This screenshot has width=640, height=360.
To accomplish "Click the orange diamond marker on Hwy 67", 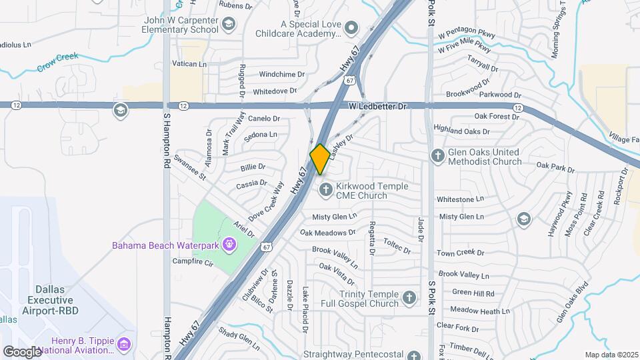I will tap(320, 159).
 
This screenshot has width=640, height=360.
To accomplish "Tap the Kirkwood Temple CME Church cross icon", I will tap(326, 190).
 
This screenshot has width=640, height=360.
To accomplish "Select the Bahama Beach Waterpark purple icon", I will tap(229, 245).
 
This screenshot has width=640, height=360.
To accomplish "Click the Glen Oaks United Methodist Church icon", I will tap(438, 156).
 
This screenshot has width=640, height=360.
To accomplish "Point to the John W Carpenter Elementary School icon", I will tap(229, 25).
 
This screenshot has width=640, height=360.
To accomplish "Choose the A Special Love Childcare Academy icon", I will tap(353, 28).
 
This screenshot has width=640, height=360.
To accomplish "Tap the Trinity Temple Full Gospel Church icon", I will tap(411, 295).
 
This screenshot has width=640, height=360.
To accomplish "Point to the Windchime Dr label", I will tap(281, 75).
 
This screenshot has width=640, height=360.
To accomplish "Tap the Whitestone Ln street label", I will tap(460, 199).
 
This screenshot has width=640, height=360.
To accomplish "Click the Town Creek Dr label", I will tap(460, 253).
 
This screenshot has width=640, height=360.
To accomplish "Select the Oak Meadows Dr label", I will tap(327, 233).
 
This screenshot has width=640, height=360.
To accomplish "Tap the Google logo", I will tap(22, 351).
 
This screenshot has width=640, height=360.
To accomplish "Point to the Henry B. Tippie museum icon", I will tap(123, 344).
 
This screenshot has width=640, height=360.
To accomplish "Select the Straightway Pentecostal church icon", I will tap(414, 355).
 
